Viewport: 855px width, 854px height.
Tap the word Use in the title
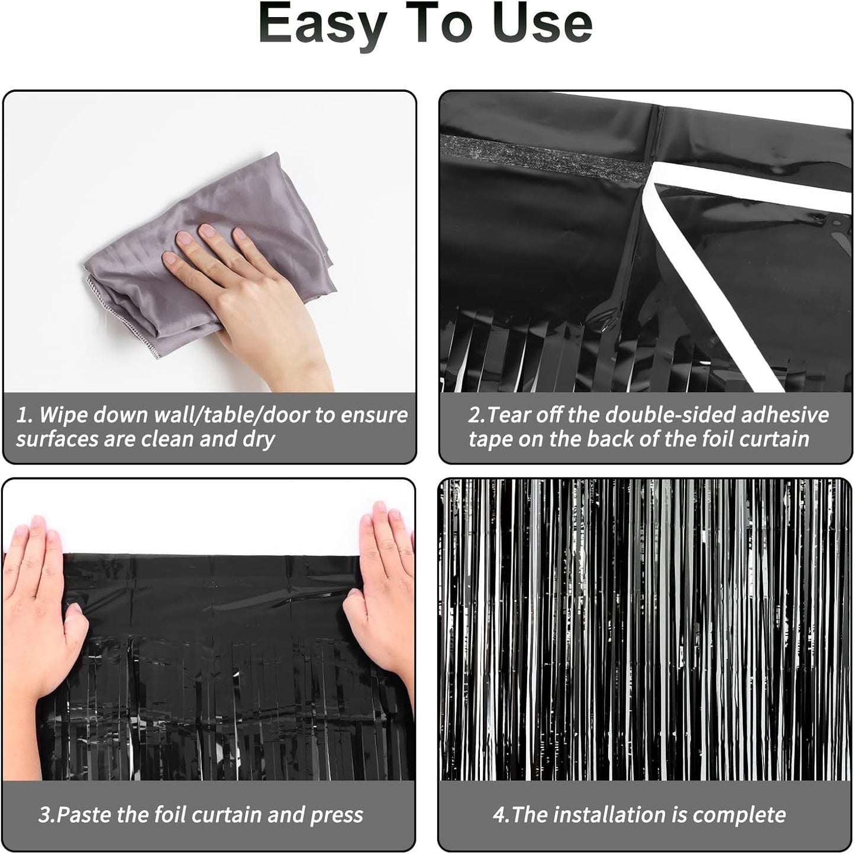pyautogui.click(x=542, y=24)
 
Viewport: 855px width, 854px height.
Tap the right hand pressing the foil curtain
pyautogui.click(x=382, y=592)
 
